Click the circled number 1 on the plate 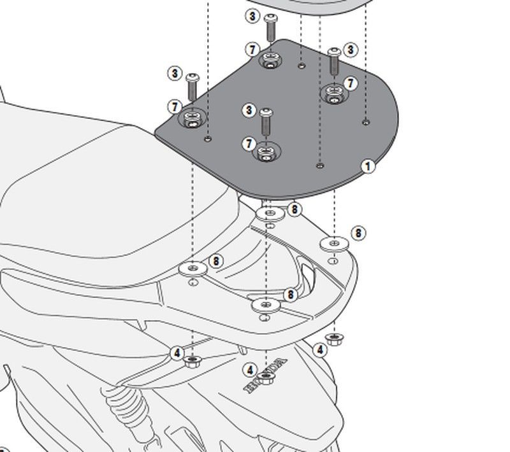click(x=367, y=167)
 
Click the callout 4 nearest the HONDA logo click(x=251, y=370)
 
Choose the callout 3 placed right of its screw click(x=350, y=50)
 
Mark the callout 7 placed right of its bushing click(x=350, y=83)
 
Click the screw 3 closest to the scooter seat click(x=193, y=85)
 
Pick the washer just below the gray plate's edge click(x=270, y=213)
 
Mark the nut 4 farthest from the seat click(x=331, y=337)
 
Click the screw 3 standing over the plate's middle click(x=266, y=122)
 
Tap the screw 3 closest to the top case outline click(x=270, y=27)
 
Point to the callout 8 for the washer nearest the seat click(x=216, y=261)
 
